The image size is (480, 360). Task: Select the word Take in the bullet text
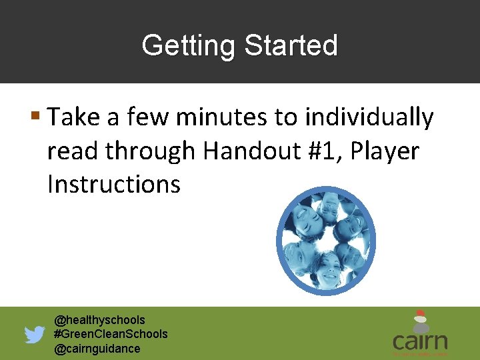(73, 118)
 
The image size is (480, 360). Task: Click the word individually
(369, 118)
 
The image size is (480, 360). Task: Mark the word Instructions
(113, 184)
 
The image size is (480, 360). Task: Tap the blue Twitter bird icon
(35, 334)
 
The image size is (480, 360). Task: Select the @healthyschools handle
(99, 320)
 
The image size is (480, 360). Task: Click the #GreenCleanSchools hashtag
(111, 334)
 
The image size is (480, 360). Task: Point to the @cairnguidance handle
(97, 349)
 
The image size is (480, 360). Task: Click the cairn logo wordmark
(419, 341)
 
